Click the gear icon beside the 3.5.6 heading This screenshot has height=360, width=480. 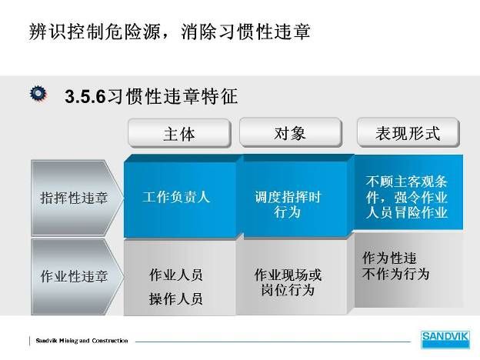coord(38,93)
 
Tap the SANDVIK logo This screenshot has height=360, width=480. coord(445,339)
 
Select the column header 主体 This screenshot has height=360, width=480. coord(179,134)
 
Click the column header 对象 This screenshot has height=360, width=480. coord(290,133)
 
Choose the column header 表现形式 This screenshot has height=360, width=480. coord(408,133)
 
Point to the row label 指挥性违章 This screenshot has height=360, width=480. coord(74,198)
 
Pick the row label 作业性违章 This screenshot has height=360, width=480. coord(74,276)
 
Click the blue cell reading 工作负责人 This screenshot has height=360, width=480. coord(177,197)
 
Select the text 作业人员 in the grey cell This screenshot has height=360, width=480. coord(176,275)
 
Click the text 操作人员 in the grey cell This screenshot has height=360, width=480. coord(176,298)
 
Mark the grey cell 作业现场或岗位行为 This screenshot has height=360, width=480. coord(288,282)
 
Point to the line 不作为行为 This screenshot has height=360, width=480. coord(396,273)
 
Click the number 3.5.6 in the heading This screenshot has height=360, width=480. coord(85,96)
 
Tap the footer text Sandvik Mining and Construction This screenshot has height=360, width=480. coord(82,341)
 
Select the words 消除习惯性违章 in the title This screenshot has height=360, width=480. coord(245,32)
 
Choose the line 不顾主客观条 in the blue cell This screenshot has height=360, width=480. coord(406,182)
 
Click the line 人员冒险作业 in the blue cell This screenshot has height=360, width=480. coord(406,212)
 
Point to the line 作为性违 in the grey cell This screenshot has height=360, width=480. coord(389,258)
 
